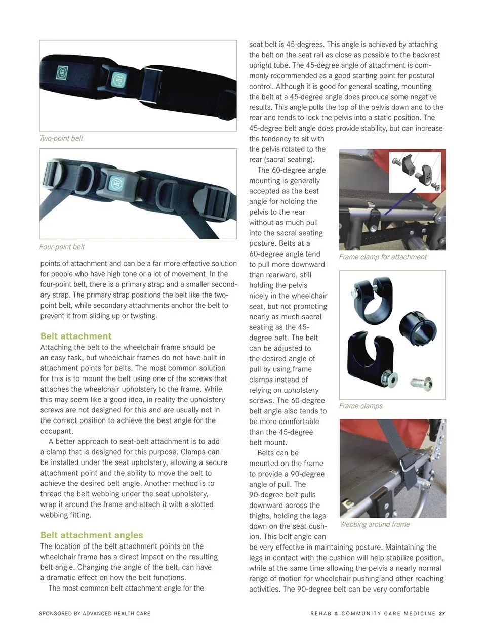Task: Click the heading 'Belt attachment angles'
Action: [x=92, y=535]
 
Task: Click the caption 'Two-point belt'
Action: [x=61, y=138]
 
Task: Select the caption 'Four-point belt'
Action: [x=62, y=247]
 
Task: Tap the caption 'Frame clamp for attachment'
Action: [x=383, y=257]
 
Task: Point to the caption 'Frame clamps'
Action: [x=361, y=406]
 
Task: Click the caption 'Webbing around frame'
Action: [x=375, y=524]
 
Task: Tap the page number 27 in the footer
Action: [x=442, y=613]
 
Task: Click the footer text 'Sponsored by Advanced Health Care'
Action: [x=95, y=613]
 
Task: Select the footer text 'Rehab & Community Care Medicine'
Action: [x=373, y=613]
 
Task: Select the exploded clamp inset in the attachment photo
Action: [x=414, y=172]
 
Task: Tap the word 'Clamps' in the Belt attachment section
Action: [x=207, y=452]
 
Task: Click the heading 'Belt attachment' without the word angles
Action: [x=76, y=336]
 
